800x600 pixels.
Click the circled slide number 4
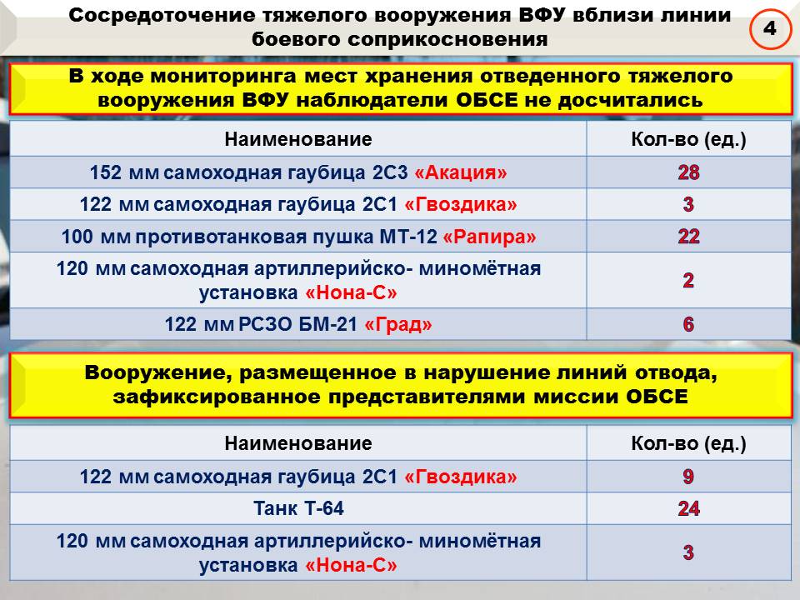pyautogui.click(x=770, y=28)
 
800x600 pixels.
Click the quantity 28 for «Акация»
pyautogui.click(x=688, y=172)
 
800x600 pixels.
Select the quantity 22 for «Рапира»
pyautogui.click(x=688, y=236)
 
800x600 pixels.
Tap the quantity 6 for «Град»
pyautogui.click(x=688, y=324)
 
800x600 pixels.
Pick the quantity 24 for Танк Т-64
pyautogui.click(x=688, y=508)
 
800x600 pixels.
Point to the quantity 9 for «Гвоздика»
pyautogui.click(x=688, y=477)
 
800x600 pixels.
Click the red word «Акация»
pyautogui.click(x=460, y=172)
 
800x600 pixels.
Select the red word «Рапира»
pyautogui.click(x=489, y=237)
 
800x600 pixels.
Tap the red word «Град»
pyautogui.click(x=398, y=324)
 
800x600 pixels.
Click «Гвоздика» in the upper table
pyautogui.click(x=460, y=205)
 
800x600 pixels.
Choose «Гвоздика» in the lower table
pyautogui.click(x=460, y=477)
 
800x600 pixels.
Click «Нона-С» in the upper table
pyautogui.click(x=351, y=292)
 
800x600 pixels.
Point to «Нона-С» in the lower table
pyautogui.click(x=351, y=565)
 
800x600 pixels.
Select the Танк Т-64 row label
pyautogui.click(x=298, y=508)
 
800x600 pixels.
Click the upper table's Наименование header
pyautogui.click(x=298, y=139)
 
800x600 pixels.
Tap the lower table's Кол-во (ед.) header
pyautogui.click(x=688, y=443)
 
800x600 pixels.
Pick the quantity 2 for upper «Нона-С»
pyautogui.click(x=688, y=280)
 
